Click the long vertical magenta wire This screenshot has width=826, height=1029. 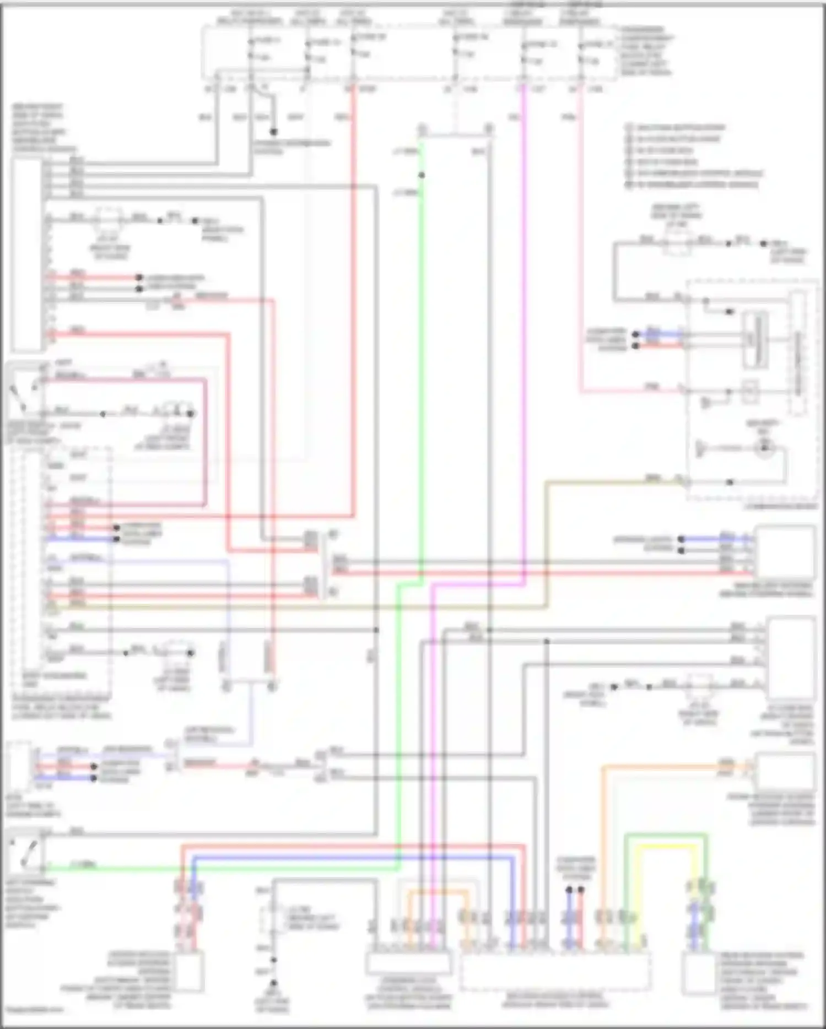(524, 331)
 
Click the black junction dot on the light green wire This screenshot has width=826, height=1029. (422, 175)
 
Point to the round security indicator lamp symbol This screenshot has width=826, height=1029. (764, 448)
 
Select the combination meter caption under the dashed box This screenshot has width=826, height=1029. (780, 506)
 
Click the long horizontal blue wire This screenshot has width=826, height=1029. (353, 858)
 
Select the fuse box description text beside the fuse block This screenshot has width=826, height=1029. (645, 51)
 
